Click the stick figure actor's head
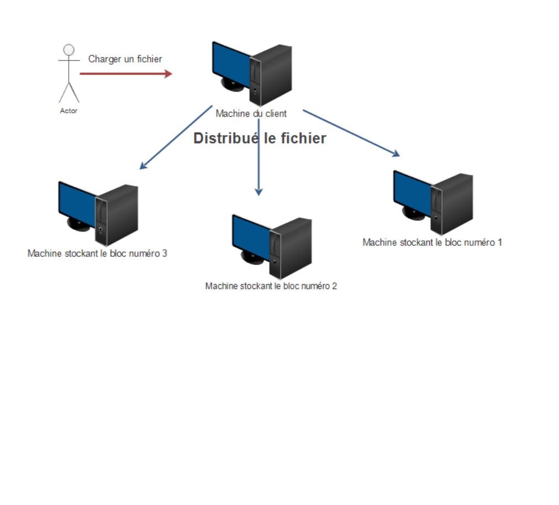click(x=68, y=50)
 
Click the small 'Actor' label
click(x=68, y=111)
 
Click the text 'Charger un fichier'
click(x=125, y=59)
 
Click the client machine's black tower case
click(x=273, y=75)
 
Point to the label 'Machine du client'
click(x=251, y=114)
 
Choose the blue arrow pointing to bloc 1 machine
click(x=351, y=133)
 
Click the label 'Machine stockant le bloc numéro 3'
click(x=97, y=254)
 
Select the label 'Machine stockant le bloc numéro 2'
click(x=271, y=286)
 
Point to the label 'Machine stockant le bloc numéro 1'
click(x=432, y=242)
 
